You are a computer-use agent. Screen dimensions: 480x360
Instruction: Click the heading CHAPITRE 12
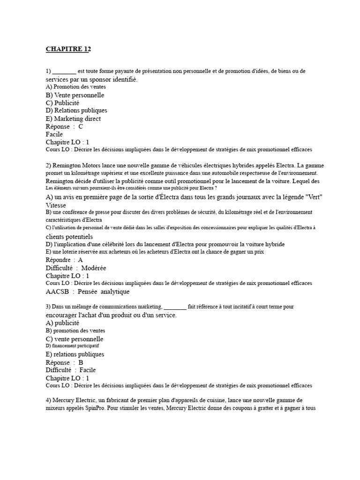tap(68, 49)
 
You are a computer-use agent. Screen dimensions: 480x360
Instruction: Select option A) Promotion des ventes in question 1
tap(76, 87)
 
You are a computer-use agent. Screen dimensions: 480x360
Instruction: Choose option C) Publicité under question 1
tap(63, 103)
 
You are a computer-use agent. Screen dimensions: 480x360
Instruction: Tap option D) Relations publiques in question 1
tap(76, 111)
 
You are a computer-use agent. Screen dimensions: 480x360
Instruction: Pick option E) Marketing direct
tap(73, 119)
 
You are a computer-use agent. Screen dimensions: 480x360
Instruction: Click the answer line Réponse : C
tap(65, 127)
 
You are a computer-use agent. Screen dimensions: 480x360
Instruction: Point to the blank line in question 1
tap(64, 71)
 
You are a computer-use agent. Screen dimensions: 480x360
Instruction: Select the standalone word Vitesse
tap(56, 205)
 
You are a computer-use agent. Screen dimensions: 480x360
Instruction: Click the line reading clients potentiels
tap(69, 236)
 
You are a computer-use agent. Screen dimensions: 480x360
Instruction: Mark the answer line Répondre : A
tap(65, 260)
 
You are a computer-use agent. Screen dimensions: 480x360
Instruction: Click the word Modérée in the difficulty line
tap(94, 268)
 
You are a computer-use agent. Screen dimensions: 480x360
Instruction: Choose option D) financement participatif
tap(72, 346)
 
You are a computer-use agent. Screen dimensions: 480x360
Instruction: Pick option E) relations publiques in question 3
tap(75, 354)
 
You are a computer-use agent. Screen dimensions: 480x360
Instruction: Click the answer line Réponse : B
tap(65, 362)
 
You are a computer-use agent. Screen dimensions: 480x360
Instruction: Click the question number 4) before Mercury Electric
tap(49, 400)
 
